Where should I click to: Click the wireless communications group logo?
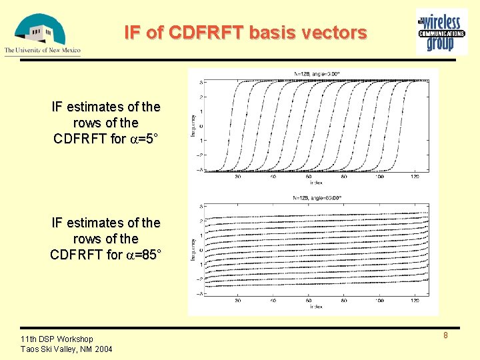441,31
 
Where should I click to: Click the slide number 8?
445,335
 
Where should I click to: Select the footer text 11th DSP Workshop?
57,339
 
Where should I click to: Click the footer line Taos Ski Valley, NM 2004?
66,349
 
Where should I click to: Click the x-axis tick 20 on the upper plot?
238,177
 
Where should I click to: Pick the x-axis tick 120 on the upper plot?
415,177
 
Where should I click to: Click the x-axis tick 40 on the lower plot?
273,301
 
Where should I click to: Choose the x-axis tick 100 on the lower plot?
379,301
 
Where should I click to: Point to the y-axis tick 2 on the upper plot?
202,97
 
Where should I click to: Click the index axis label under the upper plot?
317,182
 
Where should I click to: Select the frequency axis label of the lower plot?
193,250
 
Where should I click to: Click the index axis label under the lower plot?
317,307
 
